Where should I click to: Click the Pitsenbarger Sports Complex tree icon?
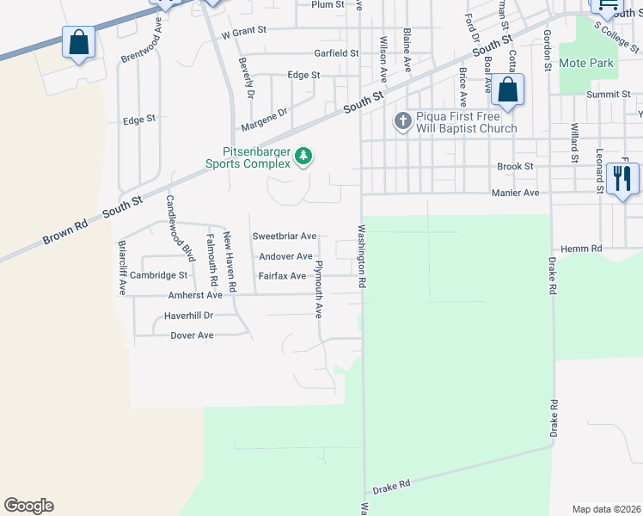[303, 157]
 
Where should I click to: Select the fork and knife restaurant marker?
[622, 179]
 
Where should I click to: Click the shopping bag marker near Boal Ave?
[508, 89]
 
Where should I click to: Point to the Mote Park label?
[586, 63]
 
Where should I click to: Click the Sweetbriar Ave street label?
[285, 236]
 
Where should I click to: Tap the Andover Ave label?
[285, 256]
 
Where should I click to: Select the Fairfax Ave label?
[283, 276]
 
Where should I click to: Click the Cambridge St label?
[159, 275]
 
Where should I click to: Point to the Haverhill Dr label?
[190, 316]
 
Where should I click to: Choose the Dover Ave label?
[192, 335]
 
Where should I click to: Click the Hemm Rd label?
[585, 249]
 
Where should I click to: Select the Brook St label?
[516, 166]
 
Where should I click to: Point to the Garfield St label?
[336, 53]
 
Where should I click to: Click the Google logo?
[28, 506]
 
